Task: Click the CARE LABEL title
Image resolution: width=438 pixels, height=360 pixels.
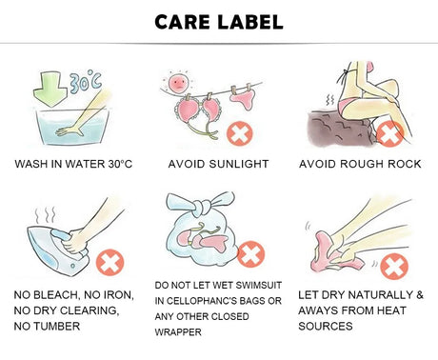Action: tap(219, 22)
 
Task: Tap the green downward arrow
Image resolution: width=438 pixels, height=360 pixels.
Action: tap(50, 89)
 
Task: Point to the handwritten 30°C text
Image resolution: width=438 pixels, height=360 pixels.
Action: tap(86, 82)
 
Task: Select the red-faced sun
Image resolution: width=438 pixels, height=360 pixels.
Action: tap(179, 83)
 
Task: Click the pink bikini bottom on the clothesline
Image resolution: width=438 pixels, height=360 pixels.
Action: tap(244, 98)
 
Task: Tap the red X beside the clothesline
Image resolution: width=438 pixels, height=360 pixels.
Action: tap(240, 133)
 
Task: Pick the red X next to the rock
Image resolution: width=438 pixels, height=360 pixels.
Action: tap(389, 133)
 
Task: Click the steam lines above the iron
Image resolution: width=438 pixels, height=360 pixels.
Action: tap(46, 215)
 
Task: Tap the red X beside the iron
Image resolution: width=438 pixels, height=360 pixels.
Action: tap(109, 262)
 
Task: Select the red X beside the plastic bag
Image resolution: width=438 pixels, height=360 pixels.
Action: tap(250, 254)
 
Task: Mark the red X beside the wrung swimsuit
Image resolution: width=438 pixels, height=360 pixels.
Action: tap(394, 267)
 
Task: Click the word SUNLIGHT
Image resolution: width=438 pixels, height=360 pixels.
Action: tap(239, 164)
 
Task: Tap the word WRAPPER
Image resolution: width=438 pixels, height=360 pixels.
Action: tap(178, 332)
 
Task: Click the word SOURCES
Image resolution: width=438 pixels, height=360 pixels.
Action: tap(326, 326)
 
